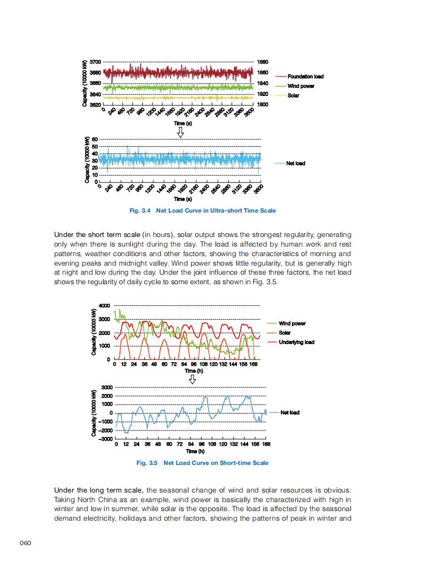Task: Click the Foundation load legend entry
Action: (306, 76)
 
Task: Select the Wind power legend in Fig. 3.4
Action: (301, 86)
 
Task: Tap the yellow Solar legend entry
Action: (294, 95)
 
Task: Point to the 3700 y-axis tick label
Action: (96, 62)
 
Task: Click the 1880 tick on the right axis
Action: (262, 62)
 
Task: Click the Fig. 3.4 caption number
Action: (141, 210)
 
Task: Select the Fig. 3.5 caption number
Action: (147, 463)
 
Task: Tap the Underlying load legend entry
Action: (296, 342)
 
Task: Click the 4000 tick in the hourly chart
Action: (104, 305)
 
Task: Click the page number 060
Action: (26, 542)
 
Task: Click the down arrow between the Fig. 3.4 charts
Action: (181, 131)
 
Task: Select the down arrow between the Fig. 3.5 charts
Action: (193, 378)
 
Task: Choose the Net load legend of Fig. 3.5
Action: (290, 412)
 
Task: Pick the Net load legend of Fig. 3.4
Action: (296, 163)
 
